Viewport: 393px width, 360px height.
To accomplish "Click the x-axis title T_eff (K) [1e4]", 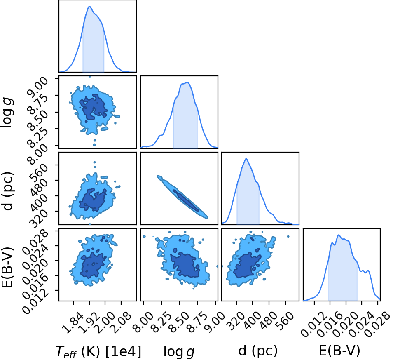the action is pos(98,351).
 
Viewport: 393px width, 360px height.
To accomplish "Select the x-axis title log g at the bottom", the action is pos(179,352).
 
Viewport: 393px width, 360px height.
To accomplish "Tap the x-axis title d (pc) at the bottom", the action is pos(258,351).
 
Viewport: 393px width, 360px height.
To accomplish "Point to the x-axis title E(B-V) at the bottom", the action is pos(339,351).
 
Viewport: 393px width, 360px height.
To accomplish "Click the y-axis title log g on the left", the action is pos(7,113).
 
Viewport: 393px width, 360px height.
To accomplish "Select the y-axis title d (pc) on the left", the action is pos(7,191).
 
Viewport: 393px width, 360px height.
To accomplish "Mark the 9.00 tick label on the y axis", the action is pos(38,86).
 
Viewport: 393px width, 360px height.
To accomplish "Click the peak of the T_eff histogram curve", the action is pos(89,7).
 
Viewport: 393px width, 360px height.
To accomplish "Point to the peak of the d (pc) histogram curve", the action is pos(246,158).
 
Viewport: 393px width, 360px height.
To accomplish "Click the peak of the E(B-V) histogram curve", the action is pos(339,235).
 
